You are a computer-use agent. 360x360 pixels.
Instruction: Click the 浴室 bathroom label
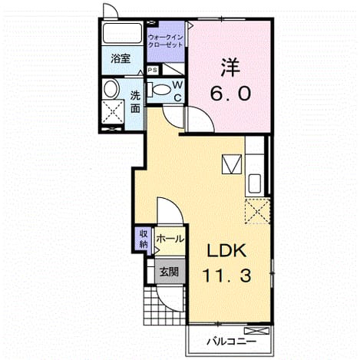[x=121, y=59]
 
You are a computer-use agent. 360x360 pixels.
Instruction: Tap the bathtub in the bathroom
[x=122, y=34]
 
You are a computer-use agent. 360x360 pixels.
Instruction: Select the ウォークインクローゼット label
[x=166, y=41]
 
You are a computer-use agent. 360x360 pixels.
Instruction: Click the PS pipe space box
[x=153, y=70]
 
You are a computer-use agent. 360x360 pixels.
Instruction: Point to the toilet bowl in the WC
[x=159, y=90]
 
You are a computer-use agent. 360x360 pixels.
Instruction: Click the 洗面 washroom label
[x=135, y=102]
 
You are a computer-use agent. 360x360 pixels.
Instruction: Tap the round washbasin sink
[x=111, y=89]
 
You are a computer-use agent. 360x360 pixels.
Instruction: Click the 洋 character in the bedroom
[x=230, y=68]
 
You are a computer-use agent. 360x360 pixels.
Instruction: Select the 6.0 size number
[x=230, y=93]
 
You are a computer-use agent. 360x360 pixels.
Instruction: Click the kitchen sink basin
[x=255, y=183]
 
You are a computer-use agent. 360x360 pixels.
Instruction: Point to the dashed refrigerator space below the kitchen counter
[x=257, y=211]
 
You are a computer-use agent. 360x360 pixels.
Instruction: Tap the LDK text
[x=226, y=250]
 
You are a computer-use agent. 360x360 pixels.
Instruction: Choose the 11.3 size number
[x=226, y=276]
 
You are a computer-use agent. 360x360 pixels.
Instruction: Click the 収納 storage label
[x=144, y=239]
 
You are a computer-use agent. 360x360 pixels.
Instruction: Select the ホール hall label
[x=170, y=239]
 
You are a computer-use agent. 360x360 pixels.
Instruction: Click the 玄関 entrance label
[x=169, y=272]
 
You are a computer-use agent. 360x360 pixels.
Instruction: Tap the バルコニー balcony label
[x=232, y=342]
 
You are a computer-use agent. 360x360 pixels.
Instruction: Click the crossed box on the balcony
[x=257, y=331]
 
